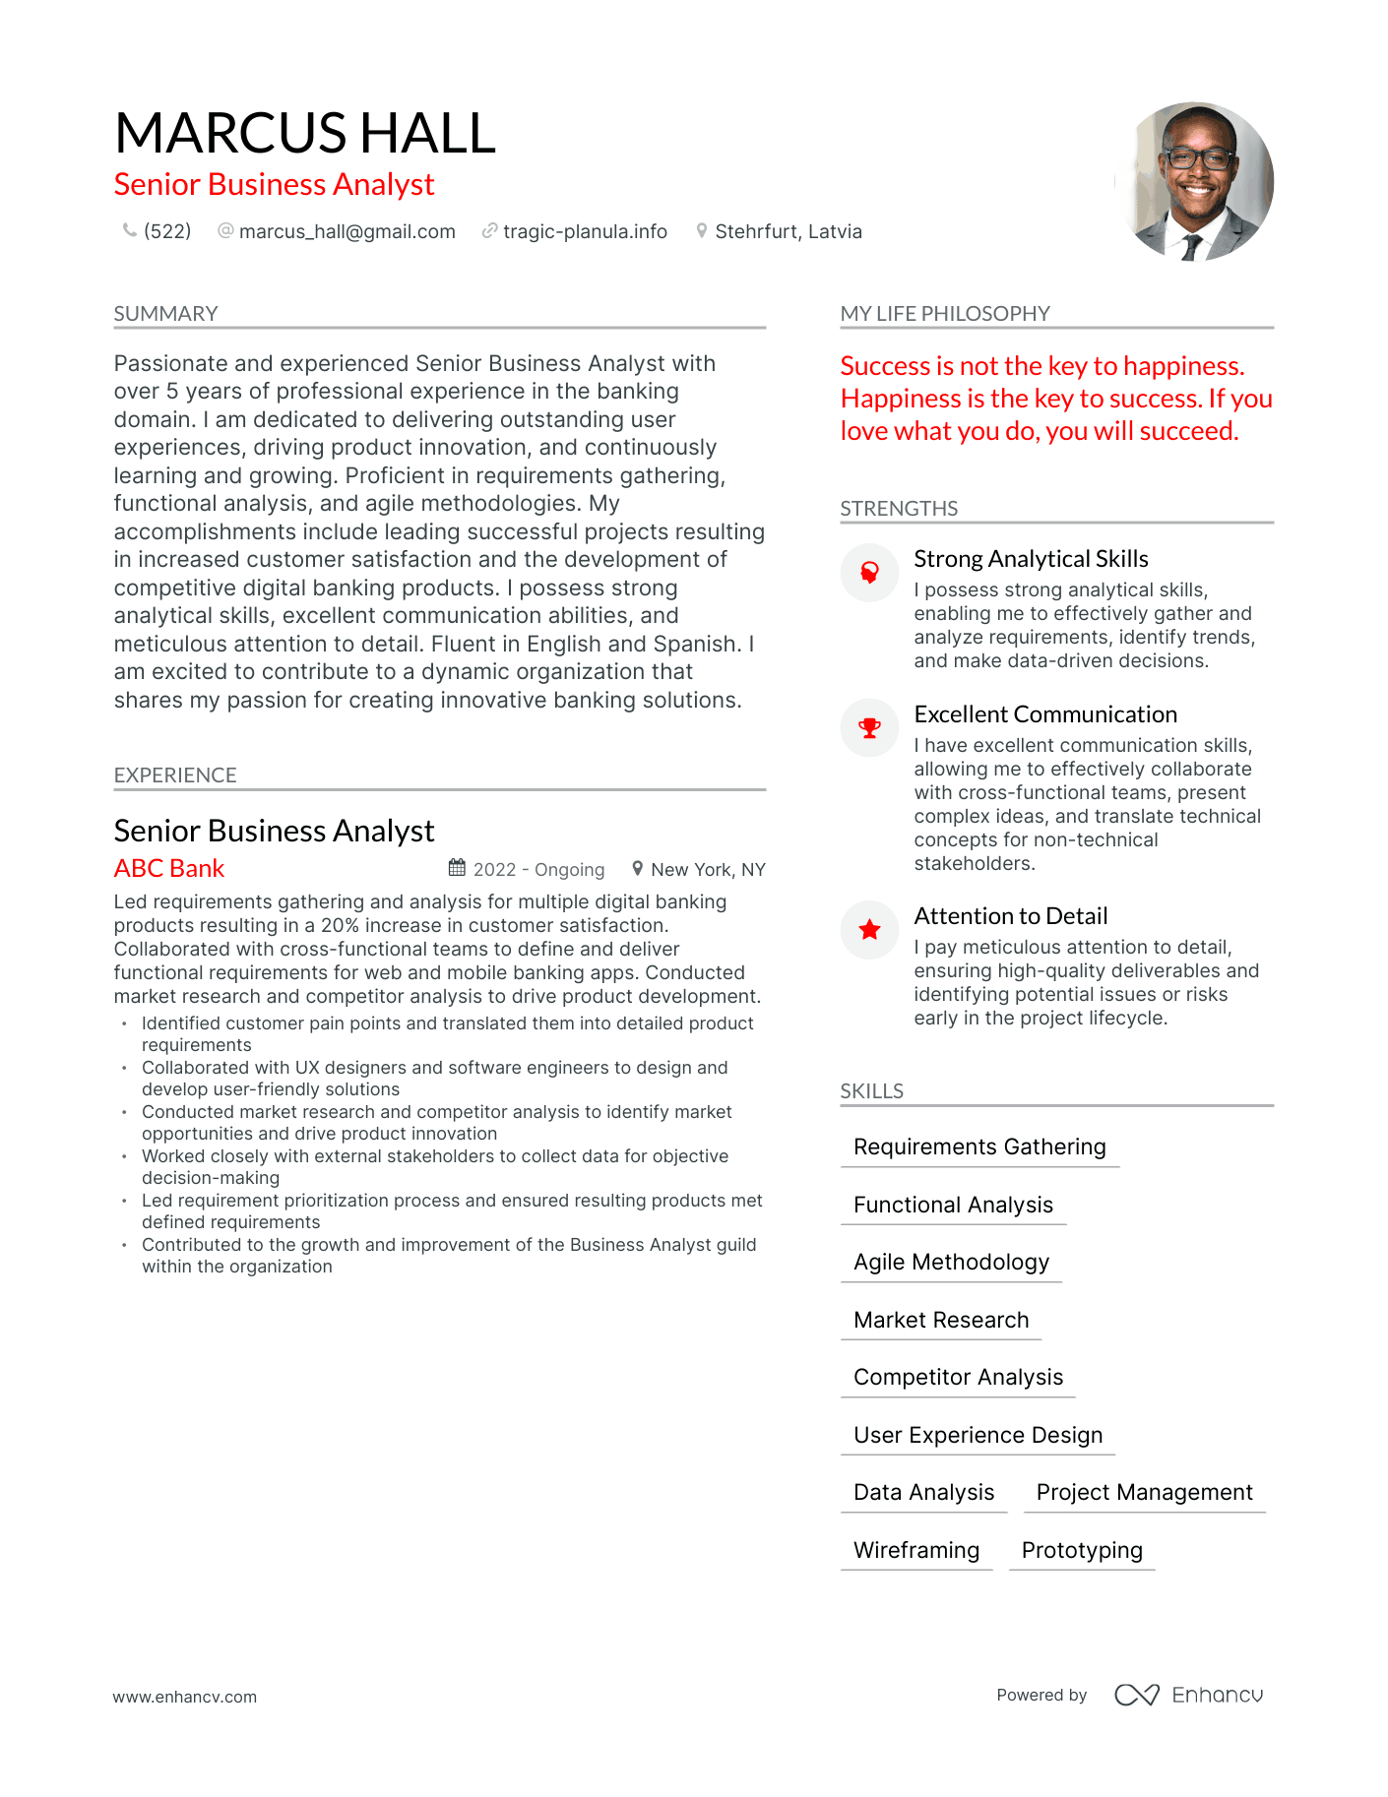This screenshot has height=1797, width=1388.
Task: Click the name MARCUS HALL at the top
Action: click(305, 133)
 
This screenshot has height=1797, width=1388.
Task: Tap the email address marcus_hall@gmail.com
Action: click(347, 231)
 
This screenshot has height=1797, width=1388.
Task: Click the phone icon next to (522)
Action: click(129, 230)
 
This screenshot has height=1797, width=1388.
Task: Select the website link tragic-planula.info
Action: click(585, 231)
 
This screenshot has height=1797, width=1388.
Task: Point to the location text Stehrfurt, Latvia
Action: click(788, 231)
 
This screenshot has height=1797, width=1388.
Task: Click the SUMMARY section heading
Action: click(165, 314)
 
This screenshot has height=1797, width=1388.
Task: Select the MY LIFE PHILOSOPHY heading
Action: click(944, 314)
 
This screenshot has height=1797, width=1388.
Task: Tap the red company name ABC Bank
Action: click(169, 868)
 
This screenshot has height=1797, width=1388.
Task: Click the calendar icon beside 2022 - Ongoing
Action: click(457, 868)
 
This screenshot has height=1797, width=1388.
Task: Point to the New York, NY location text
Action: click(708, 870)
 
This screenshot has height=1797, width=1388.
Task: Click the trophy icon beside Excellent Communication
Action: click(869, 728)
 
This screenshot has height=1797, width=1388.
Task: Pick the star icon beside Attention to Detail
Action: click(869, 929)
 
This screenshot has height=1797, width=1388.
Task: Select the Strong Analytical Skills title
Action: click(1031, 559)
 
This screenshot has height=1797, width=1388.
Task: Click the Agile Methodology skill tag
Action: click(951, 1262)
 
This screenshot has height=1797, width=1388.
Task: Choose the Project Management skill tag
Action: click(1144, 1492)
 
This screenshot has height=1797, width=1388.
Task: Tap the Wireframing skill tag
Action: click(916, 1550)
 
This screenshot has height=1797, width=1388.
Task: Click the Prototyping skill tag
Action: click(1082, 1550)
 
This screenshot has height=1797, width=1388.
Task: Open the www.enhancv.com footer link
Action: click(185, 1697)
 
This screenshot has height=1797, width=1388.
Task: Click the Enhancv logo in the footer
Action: click(1189, 1695)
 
